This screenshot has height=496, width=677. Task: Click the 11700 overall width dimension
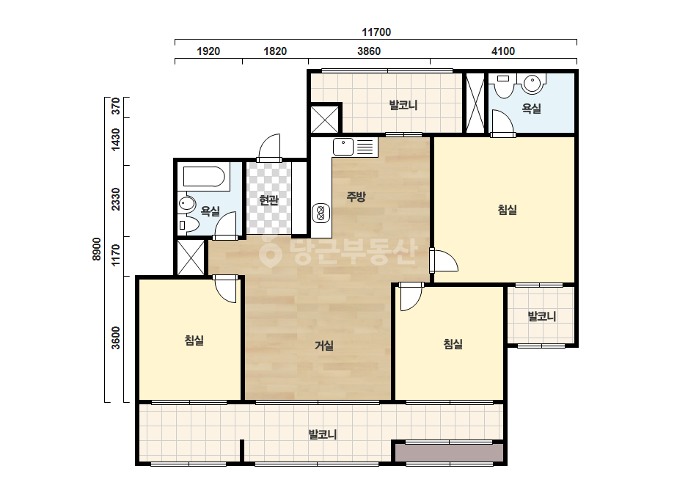[376, 32]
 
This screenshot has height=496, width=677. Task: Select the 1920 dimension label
[208, 51]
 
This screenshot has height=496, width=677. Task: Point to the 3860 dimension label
[369, 51]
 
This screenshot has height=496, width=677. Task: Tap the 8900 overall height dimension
[96, 249]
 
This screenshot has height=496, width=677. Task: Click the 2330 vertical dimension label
[116, 199]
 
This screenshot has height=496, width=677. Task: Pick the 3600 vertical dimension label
[116, 338]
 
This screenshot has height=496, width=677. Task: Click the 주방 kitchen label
[356, 197]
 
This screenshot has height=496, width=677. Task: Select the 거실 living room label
[323, 346]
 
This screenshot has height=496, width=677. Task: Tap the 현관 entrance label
[268, 200]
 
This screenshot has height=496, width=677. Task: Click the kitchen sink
[344, 147]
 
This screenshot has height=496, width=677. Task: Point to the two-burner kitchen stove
[321, 213]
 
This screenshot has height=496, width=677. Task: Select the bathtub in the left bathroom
[204, 178]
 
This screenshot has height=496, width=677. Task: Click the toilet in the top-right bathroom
[503, 86]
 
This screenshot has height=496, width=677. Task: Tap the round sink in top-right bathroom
[533, 84]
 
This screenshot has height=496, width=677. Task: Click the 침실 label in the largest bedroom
[508, 210]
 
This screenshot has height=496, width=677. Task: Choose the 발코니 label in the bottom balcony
[323, 434]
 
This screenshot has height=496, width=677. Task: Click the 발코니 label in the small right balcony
[542, 316]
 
